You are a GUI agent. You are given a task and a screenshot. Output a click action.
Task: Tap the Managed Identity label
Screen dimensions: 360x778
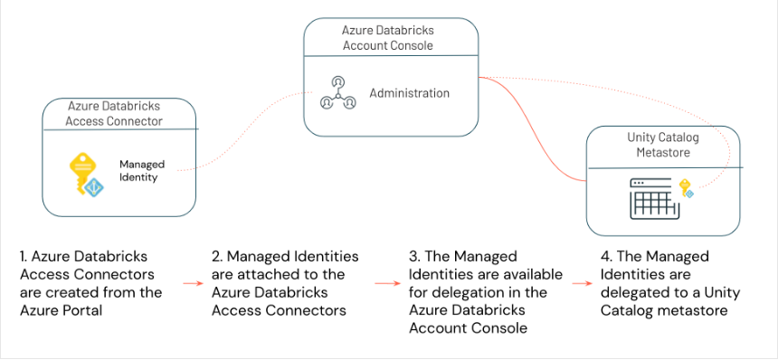(x=142, y=171)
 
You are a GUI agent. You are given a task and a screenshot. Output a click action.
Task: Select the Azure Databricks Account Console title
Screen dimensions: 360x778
(x=390, y=38)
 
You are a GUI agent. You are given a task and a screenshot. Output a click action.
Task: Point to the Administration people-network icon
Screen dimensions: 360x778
(x=337, y=94)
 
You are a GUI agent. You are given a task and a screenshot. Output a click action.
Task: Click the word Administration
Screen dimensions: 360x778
(x=409, y=93)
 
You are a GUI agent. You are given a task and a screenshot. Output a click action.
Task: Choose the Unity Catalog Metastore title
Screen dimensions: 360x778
(x=664, y=145)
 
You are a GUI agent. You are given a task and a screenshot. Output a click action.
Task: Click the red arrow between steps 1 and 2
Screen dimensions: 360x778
(x=192, y=284)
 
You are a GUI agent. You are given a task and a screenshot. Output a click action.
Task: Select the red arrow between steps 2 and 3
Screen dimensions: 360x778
(x=387, y=284)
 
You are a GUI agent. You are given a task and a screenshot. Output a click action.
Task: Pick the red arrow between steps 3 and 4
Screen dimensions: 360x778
(x=581, y=284)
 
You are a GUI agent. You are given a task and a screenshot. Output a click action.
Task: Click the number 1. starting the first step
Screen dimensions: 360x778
(x=24, y=257)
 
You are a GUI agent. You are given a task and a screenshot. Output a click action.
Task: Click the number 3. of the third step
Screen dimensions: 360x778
(x=413, y=257)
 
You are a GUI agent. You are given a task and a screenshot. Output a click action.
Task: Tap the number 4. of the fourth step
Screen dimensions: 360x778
(x=605, y=257)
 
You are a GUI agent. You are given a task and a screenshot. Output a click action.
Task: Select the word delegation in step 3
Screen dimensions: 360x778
(x=465, y=292)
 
